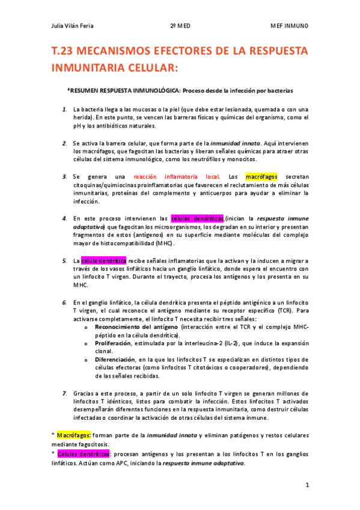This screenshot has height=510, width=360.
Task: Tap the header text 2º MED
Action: click(180, 26)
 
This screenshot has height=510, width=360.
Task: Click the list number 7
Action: click(64, 393)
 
